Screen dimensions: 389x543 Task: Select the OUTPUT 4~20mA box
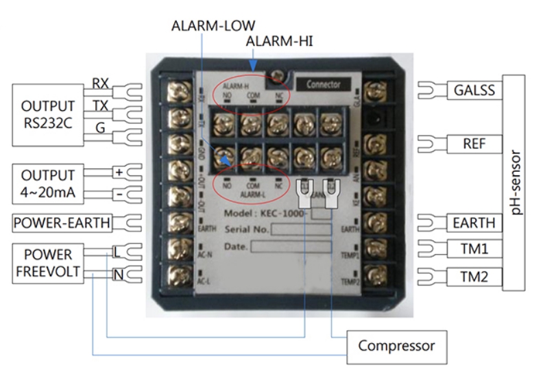pyautogui.click(x=47, y=183)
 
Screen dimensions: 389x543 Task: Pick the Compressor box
pyautogui.click(x=396, y=346)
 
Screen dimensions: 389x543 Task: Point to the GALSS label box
pyautogui.click(x=474, y=90)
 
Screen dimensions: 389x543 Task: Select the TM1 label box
pyautogui.click(x=474, y=249)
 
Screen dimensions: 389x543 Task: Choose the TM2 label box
pyautogui.click(x=474, y=276)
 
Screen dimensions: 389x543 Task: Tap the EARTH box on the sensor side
pyautogui.click(x=474, y=223)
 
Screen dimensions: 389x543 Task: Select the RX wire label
pyautogui.click(x=100, y=83)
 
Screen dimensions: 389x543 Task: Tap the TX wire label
pyautogui.click(x=100, y=105)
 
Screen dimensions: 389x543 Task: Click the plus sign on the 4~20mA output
pyautogui.click(x=118, y=173)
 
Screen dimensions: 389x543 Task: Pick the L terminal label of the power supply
pyautogui.click(x=117, y=252)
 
